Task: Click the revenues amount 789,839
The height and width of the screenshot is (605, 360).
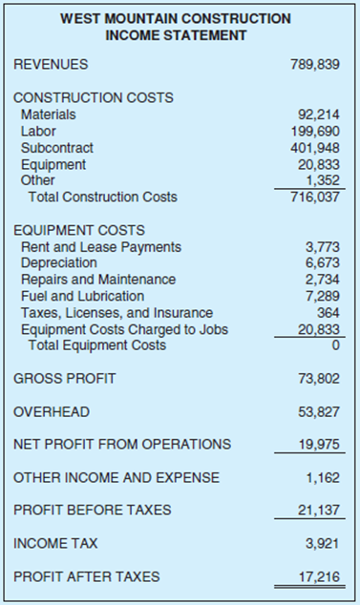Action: coord(316,65)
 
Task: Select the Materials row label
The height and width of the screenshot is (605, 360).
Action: coord(49,115)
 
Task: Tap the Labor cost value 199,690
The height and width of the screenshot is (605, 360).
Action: coord(316,131)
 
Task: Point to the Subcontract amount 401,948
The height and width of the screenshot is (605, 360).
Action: coord(316,148)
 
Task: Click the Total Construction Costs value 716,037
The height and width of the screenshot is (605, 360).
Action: coord(316,198)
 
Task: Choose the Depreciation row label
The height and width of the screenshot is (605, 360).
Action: coord(58,262)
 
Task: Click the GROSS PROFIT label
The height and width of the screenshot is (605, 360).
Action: coord(64,379)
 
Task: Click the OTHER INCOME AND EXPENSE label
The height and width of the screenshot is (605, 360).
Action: coord(116,477)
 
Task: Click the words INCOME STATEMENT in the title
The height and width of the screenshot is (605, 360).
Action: coord(179,35)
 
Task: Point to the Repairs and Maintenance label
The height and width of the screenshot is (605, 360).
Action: coord(97,280)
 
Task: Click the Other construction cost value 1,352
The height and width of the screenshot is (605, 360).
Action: coord(324,180)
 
